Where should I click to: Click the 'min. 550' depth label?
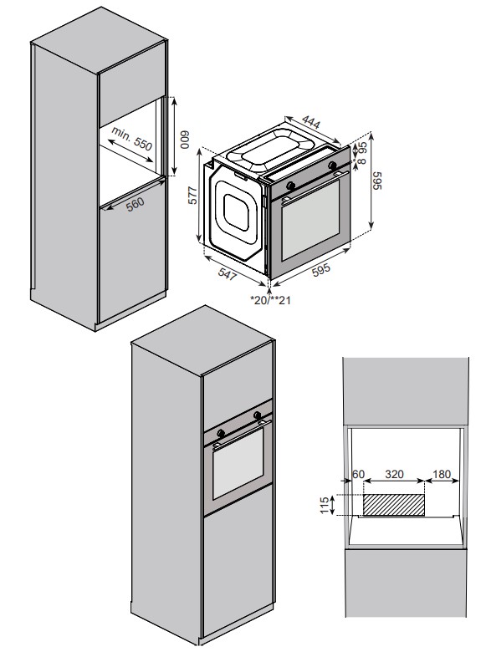(131, 138)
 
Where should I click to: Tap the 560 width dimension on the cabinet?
(135, 204)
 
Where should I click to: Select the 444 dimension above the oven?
(311, 122)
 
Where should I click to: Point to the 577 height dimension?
(192, 195)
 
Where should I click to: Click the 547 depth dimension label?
(228, 274)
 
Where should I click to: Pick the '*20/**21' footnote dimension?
(270, 300)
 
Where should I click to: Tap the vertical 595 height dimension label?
(376, 181)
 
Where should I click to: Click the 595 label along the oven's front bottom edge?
(321, 269)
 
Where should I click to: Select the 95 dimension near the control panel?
(362, 148)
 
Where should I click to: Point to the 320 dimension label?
(394, 474)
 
